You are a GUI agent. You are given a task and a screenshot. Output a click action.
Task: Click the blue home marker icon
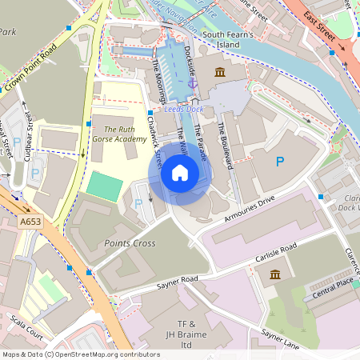click(x=180, y=173)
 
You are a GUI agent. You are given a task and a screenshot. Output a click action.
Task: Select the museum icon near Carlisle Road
click(x=275, y=274)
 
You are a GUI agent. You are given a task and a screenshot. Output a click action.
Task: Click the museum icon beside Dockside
click(x=219, y=73)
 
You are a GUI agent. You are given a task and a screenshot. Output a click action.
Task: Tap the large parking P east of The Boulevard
click(x=279, y=162)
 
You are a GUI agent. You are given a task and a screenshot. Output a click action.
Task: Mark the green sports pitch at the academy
click(x=104, y=186)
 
